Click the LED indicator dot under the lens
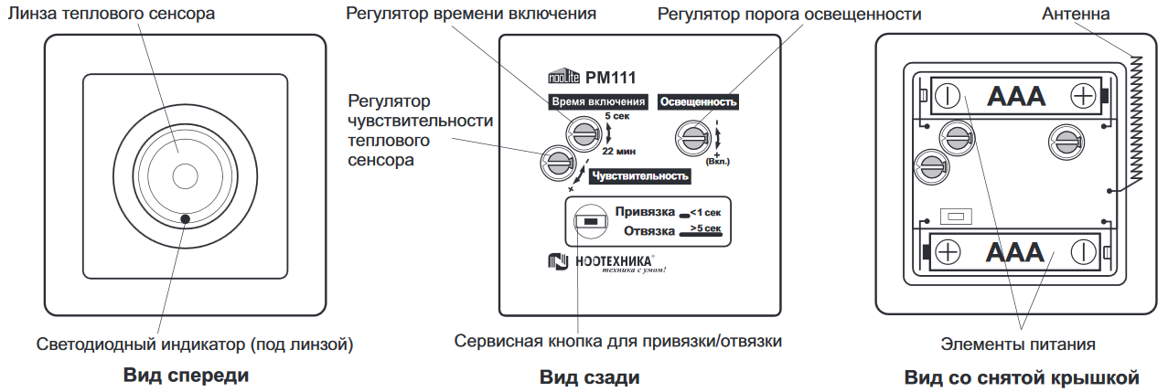coord(186,218)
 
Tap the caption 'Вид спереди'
coord(186,376)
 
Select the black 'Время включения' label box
coord(598,101)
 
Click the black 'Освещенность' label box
coord(698,101)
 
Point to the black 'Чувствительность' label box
coord(639,176)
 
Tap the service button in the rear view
coord(590,221)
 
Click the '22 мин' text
coord(618,151)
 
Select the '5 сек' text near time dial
coord(616,117)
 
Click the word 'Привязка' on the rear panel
coord(645,211)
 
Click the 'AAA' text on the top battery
coord(1015,96)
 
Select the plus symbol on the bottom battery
coord(948,251)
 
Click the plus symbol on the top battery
coord(1082,96)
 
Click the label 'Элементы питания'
coord(1018,344)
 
